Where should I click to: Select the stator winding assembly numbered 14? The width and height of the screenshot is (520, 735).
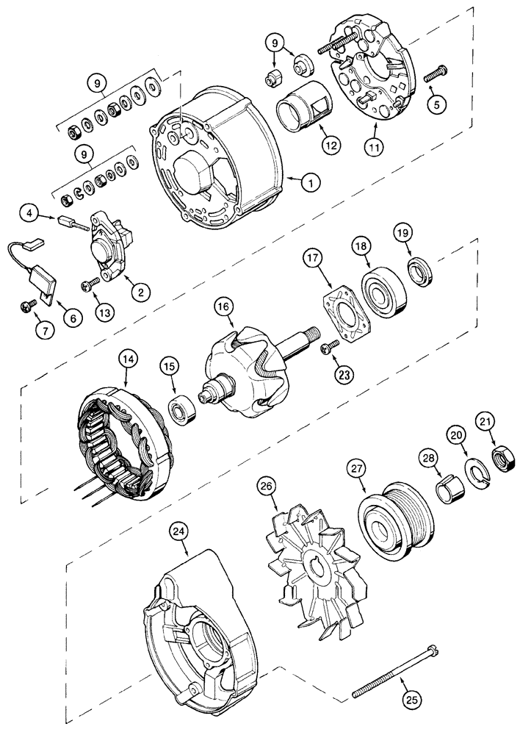[122, 441]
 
